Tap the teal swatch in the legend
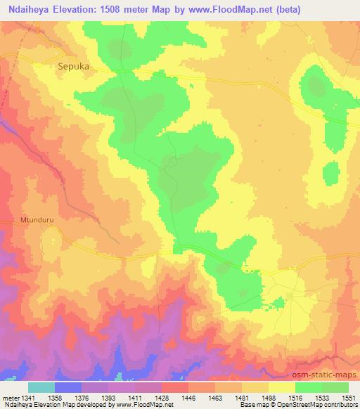point(41,387)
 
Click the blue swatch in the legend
point(67,387)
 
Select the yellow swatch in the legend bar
point(281,387)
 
